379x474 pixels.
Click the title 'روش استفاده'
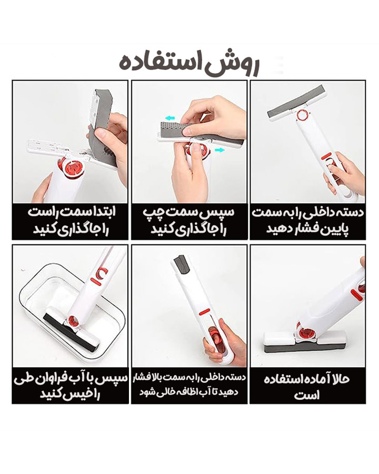point(189,65)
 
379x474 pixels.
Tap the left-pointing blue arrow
point(170,118)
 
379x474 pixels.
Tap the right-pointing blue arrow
point(220,150)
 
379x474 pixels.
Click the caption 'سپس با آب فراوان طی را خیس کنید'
point(70,386)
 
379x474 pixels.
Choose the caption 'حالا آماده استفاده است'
point(307,387)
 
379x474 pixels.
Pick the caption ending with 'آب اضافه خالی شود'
point(189,385)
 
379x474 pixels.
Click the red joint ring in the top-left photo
point(72,167)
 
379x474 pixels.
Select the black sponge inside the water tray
point(72,333)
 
